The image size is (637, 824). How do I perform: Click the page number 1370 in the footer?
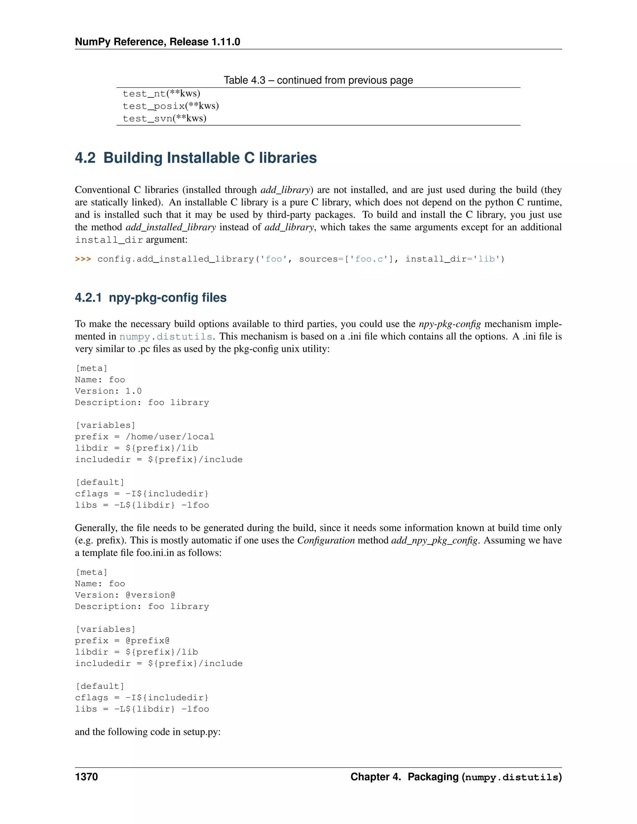pos(86,776)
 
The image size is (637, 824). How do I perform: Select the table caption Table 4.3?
pos(244,80)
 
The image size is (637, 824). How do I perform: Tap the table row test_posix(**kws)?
pos(170,106)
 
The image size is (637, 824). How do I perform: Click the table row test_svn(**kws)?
pos(165,118)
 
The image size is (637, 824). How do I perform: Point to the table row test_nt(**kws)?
pos(161,93)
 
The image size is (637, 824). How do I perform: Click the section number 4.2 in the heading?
pos(85,158)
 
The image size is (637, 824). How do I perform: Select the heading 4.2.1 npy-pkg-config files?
pos(151,297)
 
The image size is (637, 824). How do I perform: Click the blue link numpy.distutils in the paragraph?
pos(166,336)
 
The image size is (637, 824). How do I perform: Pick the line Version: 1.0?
pos(108,391)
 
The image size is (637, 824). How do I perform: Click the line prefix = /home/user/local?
pos(145,437)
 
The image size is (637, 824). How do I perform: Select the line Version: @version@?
pos(125,595)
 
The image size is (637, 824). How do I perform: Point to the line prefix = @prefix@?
pos(122,641)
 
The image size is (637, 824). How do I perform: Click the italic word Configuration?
pos(326,540)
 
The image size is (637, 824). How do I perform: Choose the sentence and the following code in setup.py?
pos(147,732)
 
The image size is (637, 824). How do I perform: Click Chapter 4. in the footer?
pos(375,776)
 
